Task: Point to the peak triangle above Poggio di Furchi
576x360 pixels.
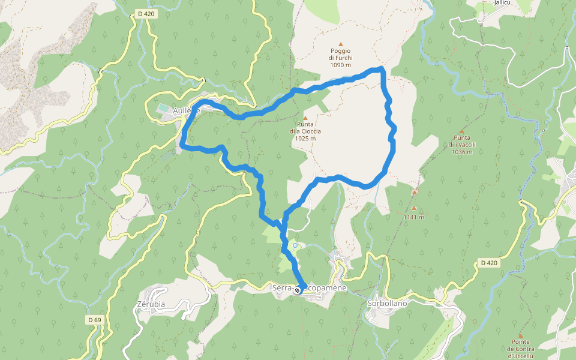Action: pyautogui.click(x=341, y=44)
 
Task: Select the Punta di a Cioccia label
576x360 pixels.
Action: pyautogui.click(x=305, y=128)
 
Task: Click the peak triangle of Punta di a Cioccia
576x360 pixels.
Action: pyautogui.click(x=305, y=118)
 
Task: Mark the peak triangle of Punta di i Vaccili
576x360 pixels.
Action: pyautogui.click(x=462, y=131)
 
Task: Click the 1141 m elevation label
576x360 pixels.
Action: pyautogui.click(x=414, y=217)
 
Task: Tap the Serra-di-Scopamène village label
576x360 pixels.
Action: pyautogui.click(x=310, y=289)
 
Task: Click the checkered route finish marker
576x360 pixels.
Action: pyautogui.click(x=298, y=290)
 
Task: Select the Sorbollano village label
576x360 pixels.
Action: pyautogui.click(x=387, y=304)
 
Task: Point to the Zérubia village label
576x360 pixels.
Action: pyautogui.click(x=151, y=304)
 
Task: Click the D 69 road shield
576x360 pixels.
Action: pyautogui.click(x=94, y=320)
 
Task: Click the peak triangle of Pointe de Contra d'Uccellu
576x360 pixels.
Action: pyautogui.click(x=520, y=335)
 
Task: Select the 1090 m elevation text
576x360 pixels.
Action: pyautogui.click(x=340, y=65)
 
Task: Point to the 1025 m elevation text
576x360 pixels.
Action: pyautogui.click(x=305, y=139)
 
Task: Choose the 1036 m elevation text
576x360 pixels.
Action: pyautogui.click(x=461, y=152)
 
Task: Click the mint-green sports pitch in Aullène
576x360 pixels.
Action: pyautogui.click(x=163, y=109)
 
